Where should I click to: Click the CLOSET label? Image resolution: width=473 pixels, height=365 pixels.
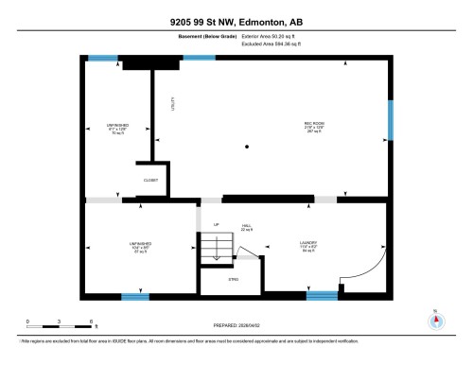tap(151, 180)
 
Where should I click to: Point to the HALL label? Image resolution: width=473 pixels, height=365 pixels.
tap(246, 227)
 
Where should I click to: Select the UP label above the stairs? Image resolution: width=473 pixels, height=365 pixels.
tap(216, 224)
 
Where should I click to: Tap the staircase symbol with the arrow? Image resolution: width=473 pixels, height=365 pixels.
tap(215, 250)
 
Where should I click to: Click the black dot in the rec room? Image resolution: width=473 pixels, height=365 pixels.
tap(247, 147)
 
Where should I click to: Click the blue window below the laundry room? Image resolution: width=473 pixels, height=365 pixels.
tap(322, 295)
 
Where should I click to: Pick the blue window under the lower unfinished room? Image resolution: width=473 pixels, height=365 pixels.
tap(135, 296)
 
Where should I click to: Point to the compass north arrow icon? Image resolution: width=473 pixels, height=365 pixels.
tap(435, 319)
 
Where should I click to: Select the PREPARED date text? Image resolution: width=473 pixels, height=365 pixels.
tap(236, 325)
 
